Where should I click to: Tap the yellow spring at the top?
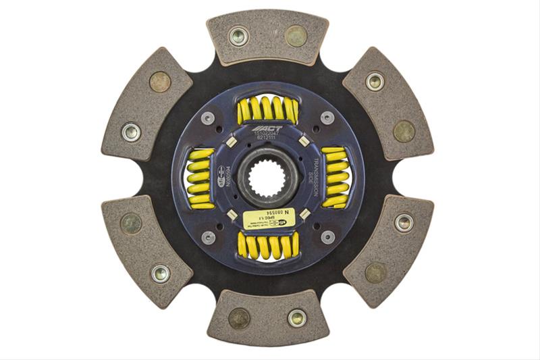point(267,109)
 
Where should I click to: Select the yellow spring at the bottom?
point(269,246)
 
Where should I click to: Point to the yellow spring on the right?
point(335,177)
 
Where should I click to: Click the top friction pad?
point(268,36)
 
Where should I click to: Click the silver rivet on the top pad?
point(238,36)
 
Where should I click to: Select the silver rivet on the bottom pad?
point(297,317)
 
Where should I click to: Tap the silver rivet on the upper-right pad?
point(375,82)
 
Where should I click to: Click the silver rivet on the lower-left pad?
point(160,273)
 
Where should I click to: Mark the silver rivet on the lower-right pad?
point(404,223)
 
